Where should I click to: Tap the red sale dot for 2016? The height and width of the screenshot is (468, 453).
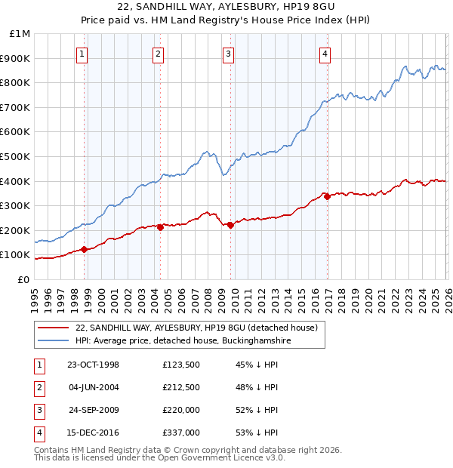327,196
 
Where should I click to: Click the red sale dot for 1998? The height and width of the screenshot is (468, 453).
85,249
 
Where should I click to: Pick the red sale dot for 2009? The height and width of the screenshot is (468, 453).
230,225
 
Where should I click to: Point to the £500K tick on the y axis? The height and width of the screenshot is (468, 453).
17,156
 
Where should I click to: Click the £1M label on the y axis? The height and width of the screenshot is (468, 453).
20,34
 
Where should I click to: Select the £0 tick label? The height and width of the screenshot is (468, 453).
24,279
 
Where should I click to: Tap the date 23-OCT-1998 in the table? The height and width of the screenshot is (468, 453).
93,365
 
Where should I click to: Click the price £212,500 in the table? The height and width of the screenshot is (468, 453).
181,387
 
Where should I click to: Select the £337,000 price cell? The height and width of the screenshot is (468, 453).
181,433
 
